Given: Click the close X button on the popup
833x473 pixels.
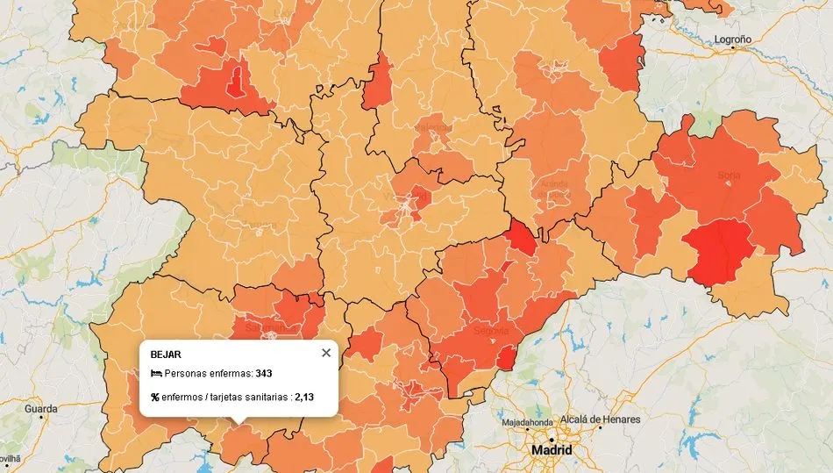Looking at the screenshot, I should coord(326,353).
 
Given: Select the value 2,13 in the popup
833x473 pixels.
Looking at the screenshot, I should coord(304,398).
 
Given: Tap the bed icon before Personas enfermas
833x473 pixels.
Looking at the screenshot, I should coord(155,374).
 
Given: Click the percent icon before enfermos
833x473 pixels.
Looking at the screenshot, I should coord(155,398).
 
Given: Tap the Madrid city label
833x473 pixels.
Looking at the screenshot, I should coord(552,450).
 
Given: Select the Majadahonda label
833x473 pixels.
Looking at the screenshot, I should coord(527,422).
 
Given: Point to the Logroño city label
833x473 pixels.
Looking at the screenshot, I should coord(732,39).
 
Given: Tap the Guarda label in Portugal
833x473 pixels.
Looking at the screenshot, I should coord(40,409).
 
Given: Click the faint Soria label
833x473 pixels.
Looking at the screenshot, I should coord(728,176).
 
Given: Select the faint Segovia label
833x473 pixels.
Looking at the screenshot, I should coord(491,331).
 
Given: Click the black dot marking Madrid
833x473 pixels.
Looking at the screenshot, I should coord(552,439).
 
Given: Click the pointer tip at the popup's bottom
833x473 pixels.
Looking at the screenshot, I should coord(237,425).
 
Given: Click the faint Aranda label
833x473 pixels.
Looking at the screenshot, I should coord(554,183).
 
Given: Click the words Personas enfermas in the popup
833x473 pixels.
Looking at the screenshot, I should coord(208,374).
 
